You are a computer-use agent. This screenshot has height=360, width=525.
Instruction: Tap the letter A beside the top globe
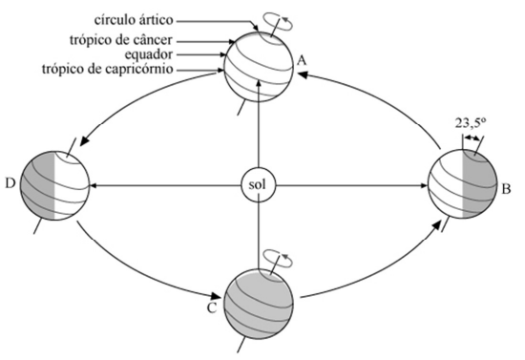click(x=301, y=59)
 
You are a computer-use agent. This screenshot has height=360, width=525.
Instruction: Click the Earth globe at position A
click(x=259, y=65)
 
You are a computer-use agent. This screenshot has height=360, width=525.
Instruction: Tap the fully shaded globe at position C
click(x=258, y=298)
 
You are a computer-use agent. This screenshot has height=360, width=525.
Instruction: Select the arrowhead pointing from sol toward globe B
click(x=419, y=183)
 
